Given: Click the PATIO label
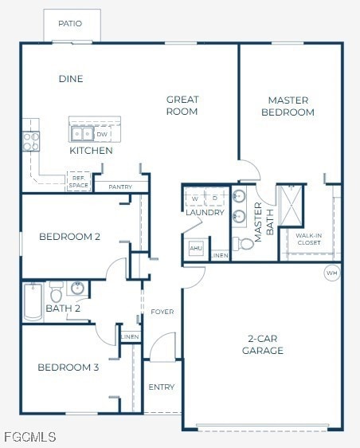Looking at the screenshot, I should point(70,24).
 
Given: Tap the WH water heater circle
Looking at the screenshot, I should point(331,273).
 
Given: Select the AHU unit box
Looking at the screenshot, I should point(196,249).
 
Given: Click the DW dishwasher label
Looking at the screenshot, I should point(101,135).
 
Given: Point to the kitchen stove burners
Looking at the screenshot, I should point(31,141).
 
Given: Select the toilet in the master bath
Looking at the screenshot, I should point(246,243).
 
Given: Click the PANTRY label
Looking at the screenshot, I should point(120,187).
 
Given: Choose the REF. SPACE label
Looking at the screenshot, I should point(78,182).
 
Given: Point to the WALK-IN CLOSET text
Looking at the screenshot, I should point(308,239).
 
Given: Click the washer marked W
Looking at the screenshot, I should point(195,198).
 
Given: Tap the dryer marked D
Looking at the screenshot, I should point(216,198).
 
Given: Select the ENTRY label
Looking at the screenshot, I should point(161,387).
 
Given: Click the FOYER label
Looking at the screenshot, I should point(162,312).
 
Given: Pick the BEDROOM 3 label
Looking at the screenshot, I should point(68,367).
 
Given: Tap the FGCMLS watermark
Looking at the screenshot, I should point(29,437).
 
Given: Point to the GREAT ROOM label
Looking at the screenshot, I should point(182,105).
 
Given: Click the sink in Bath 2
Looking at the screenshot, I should point(77,288).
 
